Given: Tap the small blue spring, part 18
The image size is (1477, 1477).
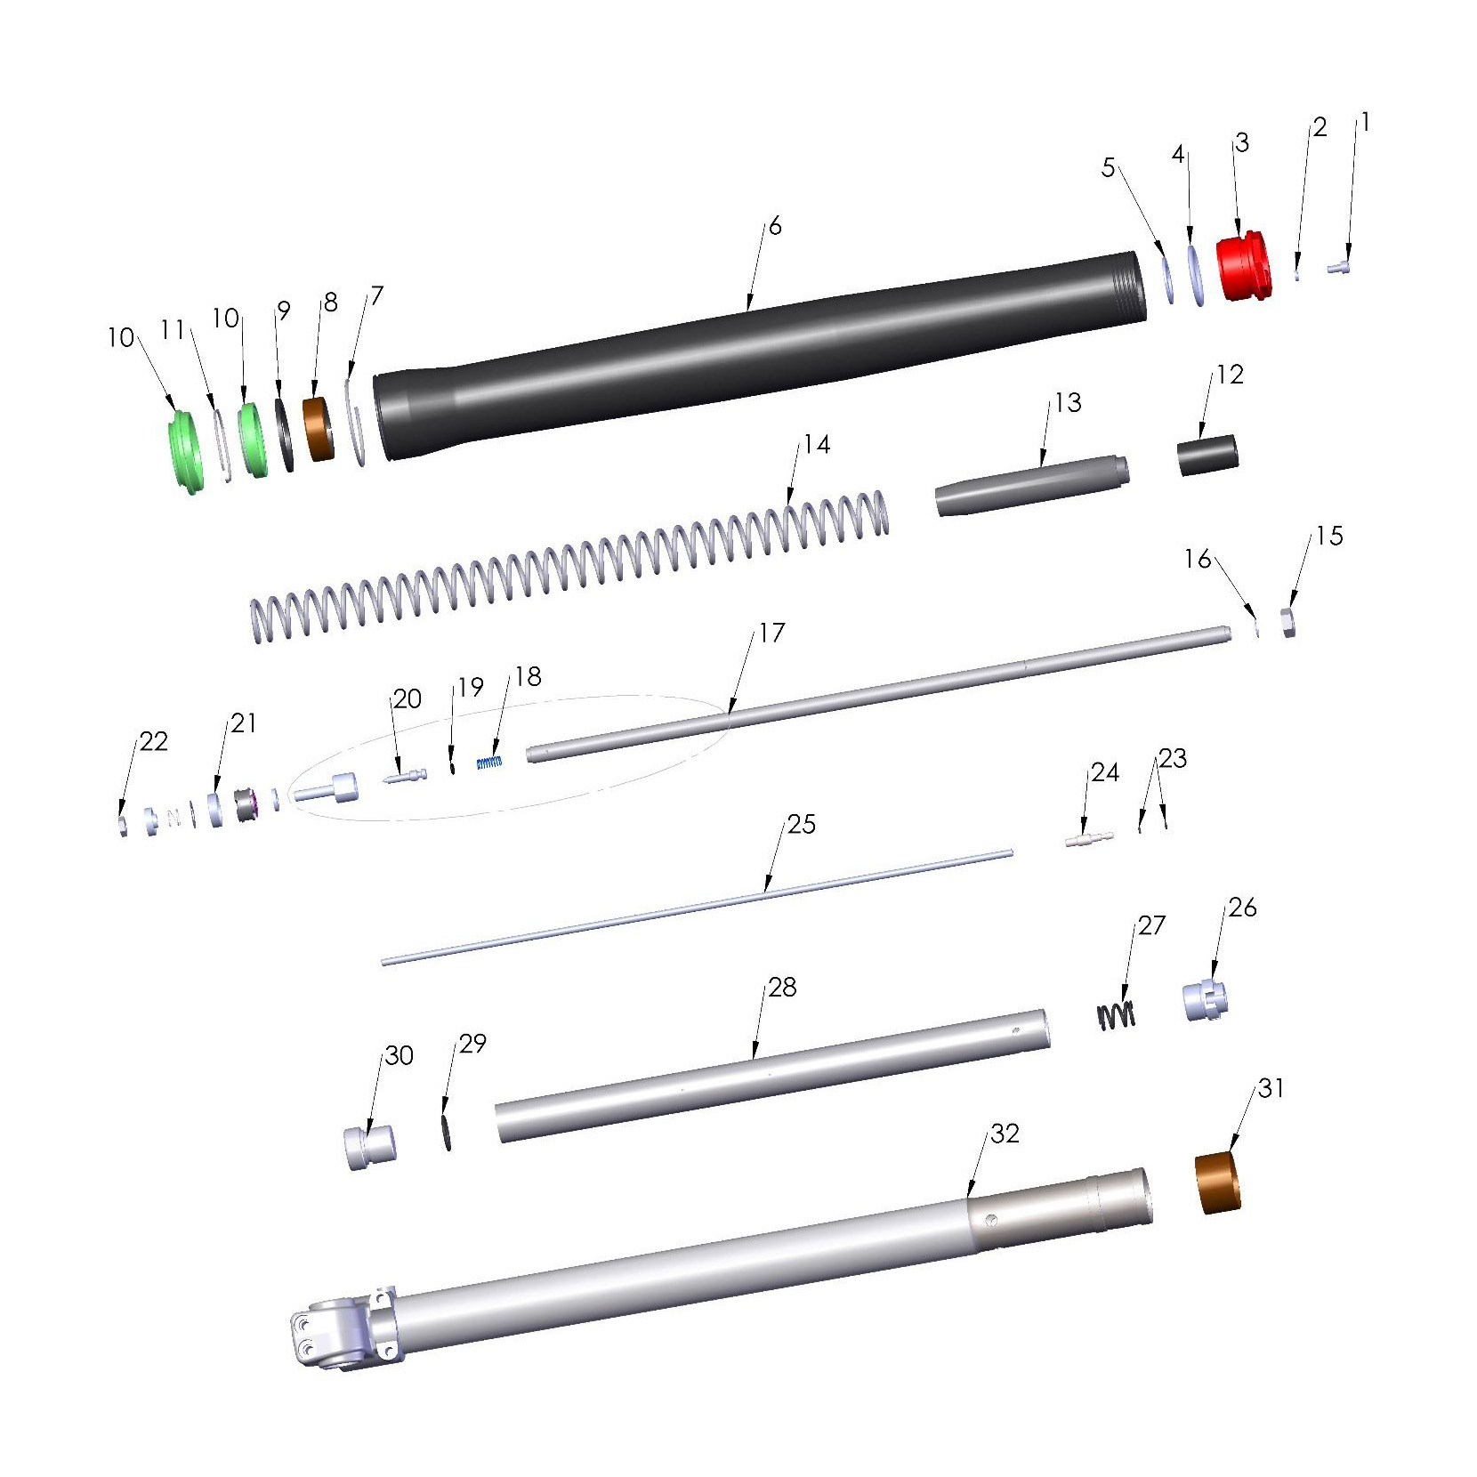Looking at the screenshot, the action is click(x=489, y=762).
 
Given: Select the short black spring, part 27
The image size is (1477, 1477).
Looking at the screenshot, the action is click(x=1116, y=1015).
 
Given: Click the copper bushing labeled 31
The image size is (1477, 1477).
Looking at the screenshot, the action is click(x=1217, y=1182).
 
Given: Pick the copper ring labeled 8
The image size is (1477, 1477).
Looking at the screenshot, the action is click(x=319, y=429).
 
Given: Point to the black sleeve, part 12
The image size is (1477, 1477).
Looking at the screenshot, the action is click(x=1207, y=455).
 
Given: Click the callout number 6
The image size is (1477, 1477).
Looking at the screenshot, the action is click(x=775, y=227).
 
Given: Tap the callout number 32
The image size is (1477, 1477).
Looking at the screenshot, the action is click(x=1005, y=1134).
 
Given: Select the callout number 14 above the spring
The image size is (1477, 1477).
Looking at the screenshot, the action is click(x=817, y=444).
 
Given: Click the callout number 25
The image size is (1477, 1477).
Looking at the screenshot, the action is click(x=801, y=824).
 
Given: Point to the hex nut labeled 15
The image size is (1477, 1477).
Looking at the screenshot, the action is click(x=1287, y=623).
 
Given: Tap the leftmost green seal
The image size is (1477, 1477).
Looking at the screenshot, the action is click(x=185, y=451).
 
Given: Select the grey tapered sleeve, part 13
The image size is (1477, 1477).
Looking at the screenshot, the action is click(x=1032, y=485).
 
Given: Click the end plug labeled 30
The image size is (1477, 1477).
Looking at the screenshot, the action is click(x=369, y=1148).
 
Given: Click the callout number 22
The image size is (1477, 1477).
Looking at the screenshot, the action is click(x=153, y=742).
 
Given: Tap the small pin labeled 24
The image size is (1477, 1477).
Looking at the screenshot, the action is click(x=1088, y=839).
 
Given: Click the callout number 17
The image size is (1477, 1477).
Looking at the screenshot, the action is click(x=771, y=633).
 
